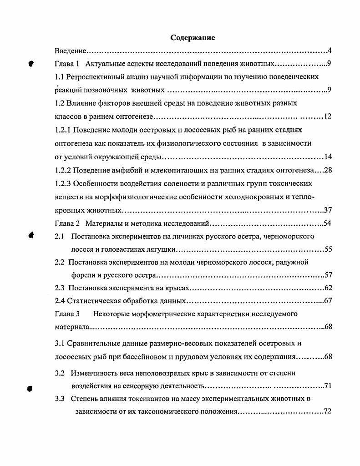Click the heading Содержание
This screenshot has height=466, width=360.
click(x=193, y=37)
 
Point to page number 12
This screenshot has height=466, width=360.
click(x=328, y=116)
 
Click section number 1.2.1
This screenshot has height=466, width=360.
click(x=64, y=130)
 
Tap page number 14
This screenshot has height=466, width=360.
click(x=328, y=157)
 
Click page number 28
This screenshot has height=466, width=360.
click(x=328, y=170)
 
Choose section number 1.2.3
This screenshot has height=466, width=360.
click(x=64, y=183)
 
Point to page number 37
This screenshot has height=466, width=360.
click(x=328, y=210)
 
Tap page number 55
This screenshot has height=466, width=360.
click(x=328, y=250)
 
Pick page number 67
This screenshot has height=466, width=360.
click(x=328, y=301)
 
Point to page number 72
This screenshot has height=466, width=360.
click(x=328, y=412)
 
